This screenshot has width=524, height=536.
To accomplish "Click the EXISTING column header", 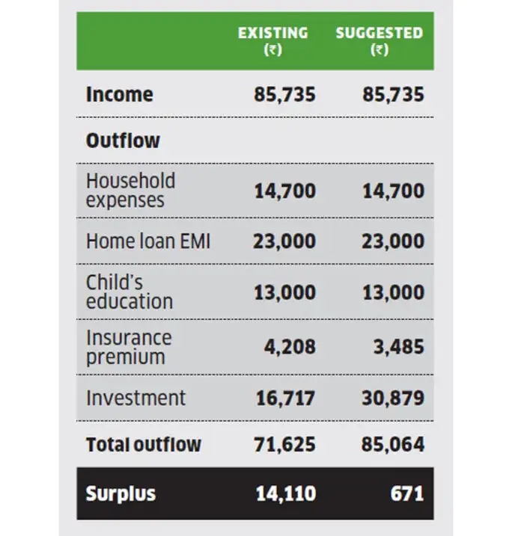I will [x=272, y=34].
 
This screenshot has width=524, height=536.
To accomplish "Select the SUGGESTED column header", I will [x=379, y=34].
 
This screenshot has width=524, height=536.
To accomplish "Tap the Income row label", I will [x=119, y=95].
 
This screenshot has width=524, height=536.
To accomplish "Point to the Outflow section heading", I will [x=123, y=141].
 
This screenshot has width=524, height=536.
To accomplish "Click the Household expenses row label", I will [x=130, y=191].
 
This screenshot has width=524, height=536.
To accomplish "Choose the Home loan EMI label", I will [x=148, y=241].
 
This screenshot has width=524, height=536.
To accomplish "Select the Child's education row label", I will [x=130, y=292].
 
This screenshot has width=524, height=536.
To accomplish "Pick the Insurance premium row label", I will [x=129, y=347].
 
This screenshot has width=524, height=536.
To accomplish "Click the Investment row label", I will [x=135, y=398].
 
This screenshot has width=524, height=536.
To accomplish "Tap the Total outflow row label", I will [x=143, y=445].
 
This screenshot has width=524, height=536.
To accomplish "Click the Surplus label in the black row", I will [x=121, y=494].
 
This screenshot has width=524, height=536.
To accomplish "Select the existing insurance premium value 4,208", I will [x=290, y=347].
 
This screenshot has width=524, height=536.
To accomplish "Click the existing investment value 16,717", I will [x=285, y=398].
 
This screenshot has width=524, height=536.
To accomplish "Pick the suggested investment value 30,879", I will [x=393, y=398].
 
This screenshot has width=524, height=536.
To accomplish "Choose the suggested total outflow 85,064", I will [x=393, y=445].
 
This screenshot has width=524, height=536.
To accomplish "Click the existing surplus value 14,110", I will [x=285, y=494].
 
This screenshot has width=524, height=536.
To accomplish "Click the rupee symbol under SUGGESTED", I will [x=380, y=52].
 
